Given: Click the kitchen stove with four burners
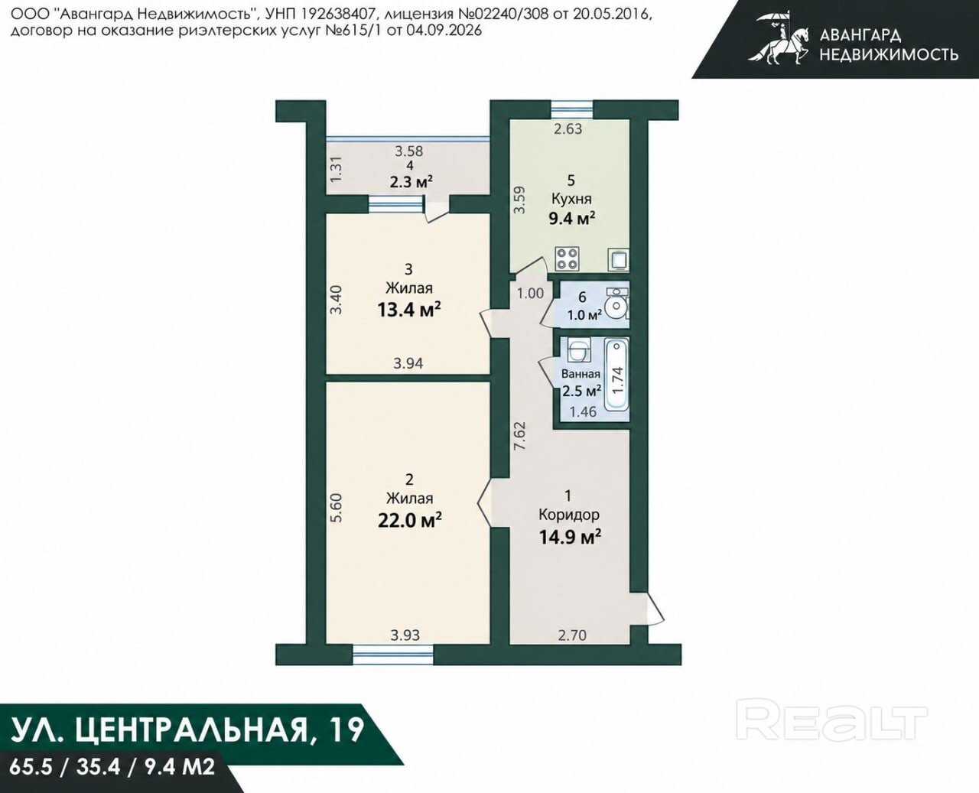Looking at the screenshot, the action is click(x=568, y=258).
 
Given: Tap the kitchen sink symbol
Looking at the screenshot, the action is click(x=619, y=259).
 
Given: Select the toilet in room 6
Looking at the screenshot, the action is click(x=617, y=304).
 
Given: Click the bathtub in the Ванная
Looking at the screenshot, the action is click(x=616, y=375).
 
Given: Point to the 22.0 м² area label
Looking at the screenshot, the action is click(x=409, y=521).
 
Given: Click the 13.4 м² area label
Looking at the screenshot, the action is click(x=408, y=310).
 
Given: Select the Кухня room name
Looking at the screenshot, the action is click(x=571, y=199).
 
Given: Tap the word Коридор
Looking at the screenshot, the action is click(x=569, y=515).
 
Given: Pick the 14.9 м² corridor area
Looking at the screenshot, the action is click(x=570, y=536).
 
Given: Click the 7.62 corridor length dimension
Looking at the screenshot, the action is click(x=520, y=436).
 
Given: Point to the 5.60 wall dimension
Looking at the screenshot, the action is click(x=337, y=507).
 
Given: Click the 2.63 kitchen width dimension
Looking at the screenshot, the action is click(x=568, y=129).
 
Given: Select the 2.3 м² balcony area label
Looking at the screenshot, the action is click(x=411, y=182).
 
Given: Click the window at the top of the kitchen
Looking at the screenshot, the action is click(x=572, y=110).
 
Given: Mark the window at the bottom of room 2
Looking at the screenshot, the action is click(x=393, y=653).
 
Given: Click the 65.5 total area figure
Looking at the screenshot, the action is click(x=32, y=767).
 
